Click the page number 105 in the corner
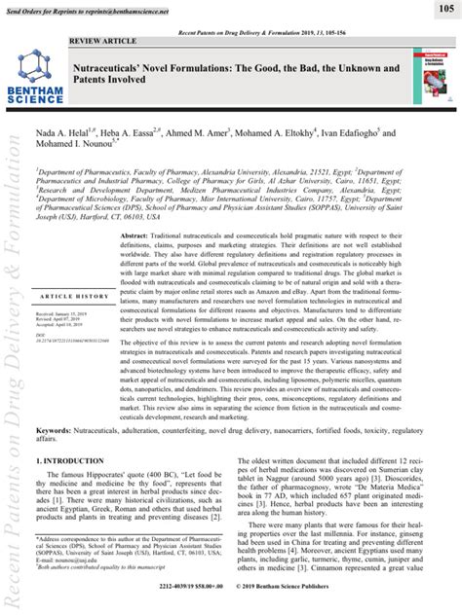point(443,8)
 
